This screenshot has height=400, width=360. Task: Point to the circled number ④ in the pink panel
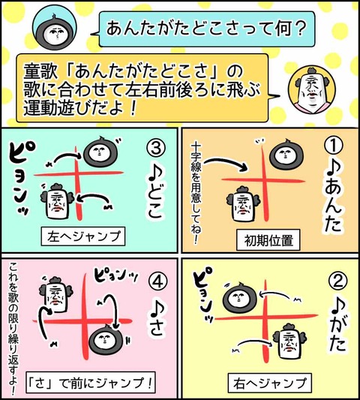pyautogui.click(x=157, y=282)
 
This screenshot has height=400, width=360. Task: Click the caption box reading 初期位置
pyautogui.click(x=268, y=240)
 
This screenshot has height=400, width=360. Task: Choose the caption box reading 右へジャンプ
pyautogui.click(x=270, y=383)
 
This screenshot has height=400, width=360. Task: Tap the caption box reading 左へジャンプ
pyautogui.click(x=83, y=236)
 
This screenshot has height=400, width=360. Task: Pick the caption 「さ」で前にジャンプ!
pyautogui.click(x=91, y=383)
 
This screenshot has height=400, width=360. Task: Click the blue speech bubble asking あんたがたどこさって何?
pyautogui.click(x=206, y=29)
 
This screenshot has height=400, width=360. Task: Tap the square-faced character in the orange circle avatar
pyautogui.click(x=311, y=90)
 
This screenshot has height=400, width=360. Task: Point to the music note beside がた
pyautogui.click(x=338, y=306)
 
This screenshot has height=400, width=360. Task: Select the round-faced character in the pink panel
pyautogui.click(x=106, y=338)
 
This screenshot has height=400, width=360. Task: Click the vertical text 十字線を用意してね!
pyautogui.click(x=196, y=193)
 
